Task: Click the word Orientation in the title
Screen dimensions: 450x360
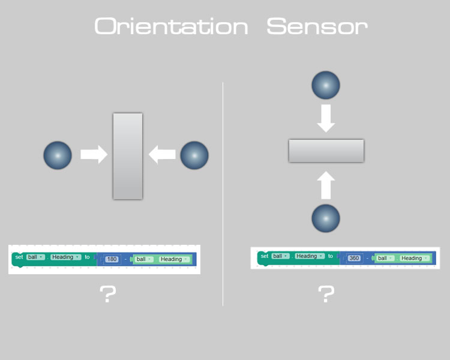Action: click(x=171, y=26)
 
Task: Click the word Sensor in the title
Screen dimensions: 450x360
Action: click(x=317, y=26)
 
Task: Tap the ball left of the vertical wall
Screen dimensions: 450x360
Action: click(x=58, y=155)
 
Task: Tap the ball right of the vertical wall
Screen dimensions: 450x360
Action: click(x=194, y=155)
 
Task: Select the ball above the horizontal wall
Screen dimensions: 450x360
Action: click(x=326, y=85)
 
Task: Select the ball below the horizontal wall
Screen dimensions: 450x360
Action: click(x=326, y=218)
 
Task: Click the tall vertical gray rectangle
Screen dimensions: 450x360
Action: click(x=128, y=156)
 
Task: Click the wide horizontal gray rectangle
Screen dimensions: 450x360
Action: click(x=326, y=151)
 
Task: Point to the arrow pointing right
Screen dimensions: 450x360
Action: click(x=94, y=154)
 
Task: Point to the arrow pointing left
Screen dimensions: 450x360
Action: click(x=162, y=154)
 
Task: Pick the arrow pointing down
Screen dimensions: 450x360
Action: click(x=326, y=118)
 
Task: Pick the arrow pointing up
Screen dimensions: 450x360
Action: click(x=326, y=185)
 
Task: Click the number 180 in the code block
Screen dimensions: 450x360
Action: click(x=112, y=259)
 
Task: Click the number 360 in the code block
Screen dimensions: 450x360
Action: click(x=354, y=258)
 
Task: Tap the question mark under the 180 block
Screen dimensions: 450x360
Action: click(x=108, y=294)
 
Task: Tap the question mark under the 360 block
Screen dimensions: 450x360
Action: click(x=326, y=294)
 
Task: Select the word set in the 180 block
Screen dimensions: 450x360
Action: click(x=19, y=257)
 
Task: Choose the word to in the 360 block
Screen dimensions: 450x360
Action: click(x=331, y=256)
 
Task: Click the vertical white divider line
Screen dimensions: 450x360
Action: click(x=223, y=194)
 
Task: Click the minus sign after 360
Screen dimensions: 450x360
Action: click(x=367, y=259)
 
